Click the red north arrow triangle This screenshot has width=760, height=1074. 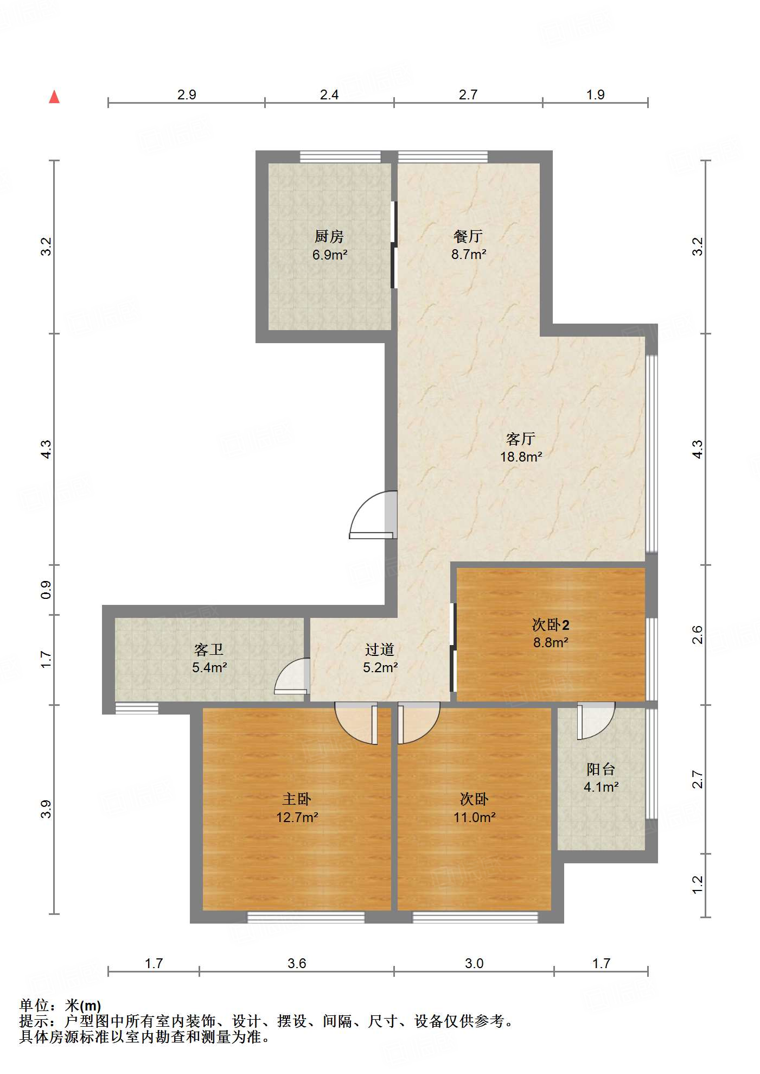(x=54, y=97)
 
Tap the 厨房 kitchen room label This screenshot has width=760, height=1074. (x=329, y=236)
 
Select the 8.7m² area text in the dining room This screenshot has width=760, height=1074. (x=469, y=254)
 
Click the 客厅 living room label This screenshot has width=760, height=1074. (x=521, y=438)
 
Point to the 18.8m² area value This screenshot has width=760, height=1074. (x=521, y=457)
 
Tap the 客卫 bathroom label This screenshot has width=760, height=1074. (x=209, y=649)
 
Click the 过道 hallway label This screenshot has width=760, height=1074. (x=380, y=649)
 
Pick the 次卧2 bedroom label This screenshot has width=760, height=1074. (x=551, y=624)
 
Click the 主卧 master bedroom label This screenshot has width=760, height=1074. (x=297, y=799)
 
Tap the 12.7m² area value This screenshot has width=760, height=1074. (x=297, y=817)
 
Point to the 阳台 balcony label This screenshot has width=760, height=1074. (x=601, y=769)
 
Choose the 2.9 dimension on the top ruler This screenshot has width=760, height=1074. (x=187, y=94)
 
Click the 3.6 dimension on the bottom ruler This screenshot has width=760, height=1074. (x=297, y=963)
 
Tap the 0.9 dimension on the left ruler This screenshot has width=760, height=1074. (x=47, y=590)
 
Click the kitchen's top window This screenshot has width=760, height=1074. (x=340, y=157)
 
